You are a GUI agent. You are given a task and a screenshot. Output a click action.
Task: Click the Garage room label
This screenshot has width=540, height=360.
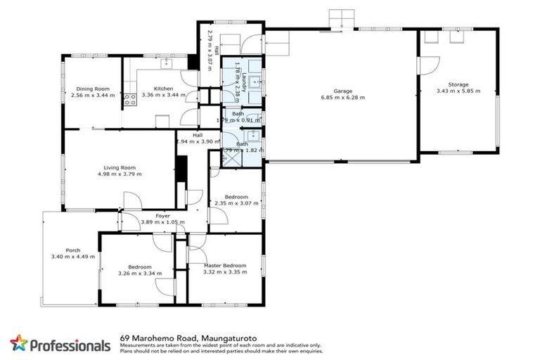342,91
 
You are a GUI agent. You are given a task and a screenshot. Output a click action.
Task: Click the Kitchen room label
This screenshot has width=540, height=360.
163,89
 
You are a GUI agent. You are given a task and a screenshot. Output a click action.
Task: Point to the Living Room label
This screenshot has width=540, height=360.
119,168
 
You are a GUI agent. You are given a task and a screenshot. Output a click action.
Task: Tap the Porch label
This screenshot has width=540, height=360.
72,250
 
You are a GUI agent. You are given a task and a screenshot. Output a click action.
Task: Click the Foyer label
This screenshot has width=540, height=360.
162,216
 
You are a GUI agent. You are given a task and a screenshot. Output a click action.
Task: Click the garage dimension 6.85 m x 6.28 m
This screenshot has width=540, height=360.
342,98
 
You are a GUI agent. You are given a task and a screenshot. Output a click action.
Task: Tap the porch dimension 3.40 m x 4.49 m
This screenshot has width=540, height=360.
72,257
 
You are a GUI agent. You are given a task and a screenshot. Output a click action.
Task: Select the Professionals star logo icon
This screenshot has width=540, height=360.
19,343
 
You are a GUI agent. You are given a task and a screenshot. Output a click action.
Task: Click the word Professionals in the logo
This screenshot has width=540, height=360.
70,345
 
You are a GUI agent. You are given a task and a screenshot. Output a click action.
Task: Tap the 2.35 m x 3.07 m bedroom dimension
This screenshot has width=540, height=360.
236,204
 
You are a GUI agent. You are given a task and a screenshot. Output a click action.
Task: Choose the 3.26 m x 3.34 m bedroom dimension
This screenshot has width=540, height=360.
141,274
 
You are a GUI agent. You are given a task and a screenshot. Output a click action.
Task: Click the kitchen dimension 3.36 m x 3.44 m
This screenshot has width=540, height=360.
163,95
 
